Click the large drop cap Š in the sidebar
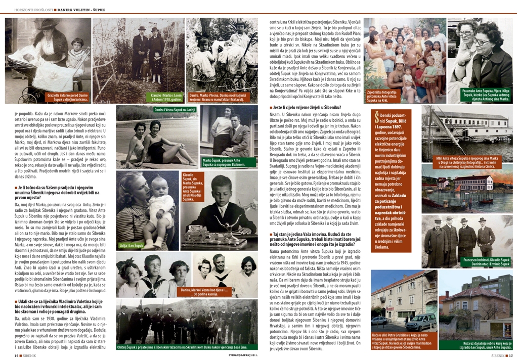pos(376,119)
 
